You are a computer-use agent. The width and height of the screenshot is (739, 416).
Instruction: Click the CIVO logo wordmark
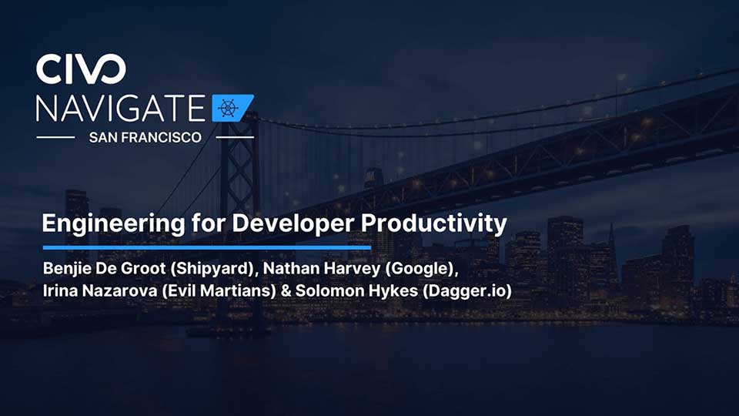81,69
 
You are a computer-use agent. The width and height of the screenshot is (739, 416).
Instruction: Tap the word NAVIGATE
121,109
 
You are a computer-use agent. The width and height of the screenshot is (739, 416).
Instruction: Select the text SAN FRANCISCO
145,137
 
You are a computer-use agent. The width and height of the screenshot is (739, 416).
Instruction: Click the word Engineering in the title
113,224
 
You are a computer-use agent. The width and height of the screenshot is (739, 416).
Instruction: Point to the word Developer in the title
293,223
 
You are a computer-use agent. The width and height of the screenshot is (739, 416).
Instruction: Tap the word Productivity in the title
433,224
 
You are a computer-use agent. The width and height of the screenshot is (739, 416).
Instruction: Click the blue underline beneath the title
207,247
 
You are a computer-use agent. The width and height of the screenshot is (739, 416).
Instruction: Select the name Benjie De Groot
104,268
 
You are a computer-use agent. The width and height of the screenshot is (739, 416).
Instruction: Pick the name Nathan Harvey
322,268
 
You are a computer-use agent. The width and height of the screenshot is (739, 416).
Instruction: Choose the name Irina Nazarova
100,290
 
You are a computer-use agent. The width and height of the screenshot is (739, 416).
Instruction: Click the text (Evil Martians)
219,290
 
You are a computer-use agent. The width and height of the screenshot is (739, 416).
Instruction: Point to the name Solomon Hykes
356,290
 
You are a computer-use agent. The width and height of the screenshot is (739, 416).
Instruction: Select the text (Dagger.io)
467,291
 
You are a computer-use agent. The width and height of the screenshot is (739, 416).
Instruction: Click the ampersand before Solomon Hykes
286,291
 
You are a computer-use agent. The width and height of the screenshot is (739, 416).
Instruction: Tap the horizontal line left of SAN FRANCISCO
55,138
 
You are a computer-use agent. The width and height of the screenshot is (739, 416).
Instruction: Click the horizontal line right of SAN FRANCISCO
235,138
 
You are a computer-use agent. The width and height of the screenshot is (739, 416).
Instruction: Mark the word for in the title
208,223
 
